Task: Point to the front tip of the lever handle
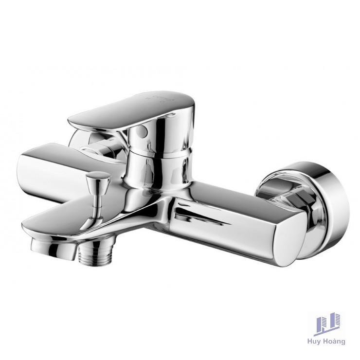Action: coord(73,117)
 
